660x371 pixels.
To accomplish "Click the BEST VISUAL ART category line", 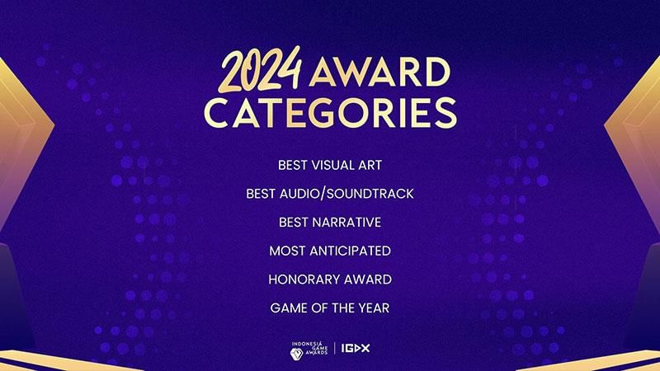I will (x=330, y=165).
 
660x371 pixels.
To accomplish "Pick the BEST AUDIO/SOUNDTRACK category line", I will (x=330, y=194).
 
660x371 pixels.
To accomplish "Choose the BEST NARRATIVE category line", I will (x=330, y=222).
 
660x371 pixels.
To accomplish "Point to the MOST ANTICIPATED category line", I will (x=330, y=250).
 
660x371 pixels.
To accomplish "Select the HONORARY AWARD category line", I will (x=330, y=279).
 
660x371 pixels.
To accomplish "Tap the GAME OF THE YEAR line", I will (x=330, y=308).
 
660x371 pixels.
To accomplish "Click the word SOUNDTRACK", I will (x=371, y=194).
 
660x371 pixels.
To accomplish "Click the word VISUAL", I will (x=331, y=165).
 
